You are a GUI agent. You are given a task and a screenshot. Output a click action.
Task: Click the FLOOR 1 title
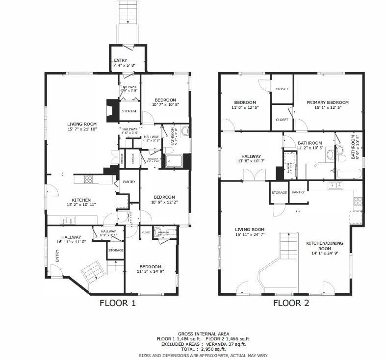[117, 303]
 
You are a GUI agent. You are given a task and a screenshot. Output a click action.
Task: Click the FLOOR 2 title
[291, 303]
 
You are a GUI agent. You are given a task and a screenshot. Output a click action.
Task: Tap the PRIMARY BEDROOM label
[327, 103]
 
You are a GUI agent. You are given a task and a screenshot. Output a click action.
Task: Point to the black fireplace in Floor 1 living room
[112, 110]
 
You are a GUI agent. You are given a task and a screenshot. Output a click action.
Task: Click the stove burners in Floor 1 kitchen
[89, 180]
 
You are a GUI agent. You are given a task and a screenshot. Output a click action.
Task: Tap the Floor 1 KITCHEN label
[81, 200]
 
